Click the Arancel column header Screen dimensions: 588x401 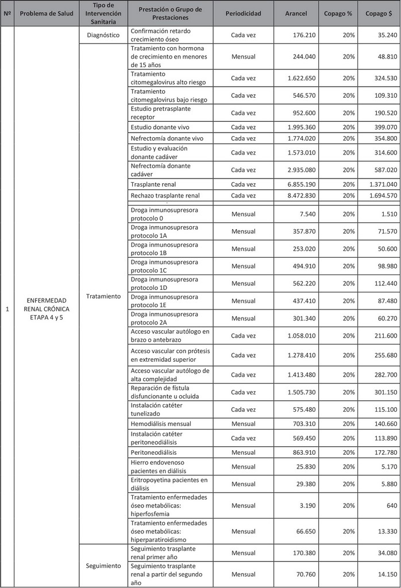click(x=296, y=13)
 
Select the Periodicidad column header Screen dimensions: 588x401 click(x=243, y=13)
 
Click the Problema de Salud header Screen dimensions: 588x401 click(x=47, y=13)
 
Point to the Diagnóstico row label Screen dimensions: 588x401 click(x=103, y=35)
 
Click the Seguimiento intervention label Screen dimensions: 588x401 click(x=103, y=566)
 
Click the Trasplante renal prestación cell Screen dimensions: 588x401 click(x=153, y=184)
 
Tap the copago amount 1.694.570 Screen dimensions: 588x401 click(x=380, y=196)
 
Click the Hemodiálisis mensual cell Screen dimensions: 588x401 click(x=161, y=424)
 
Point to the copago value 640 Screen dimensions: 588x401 click(x=390, y=506)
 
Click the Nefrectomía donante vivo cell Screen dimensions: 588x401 click(x=167, y=138)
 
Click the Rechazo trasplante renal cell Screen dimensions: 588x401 click(x=165, y=196)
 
